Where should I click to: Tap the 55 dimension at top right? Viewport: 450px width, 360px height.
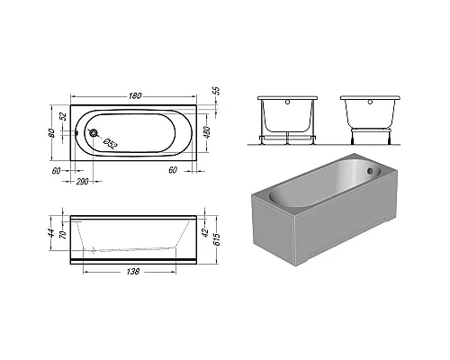[215, 93]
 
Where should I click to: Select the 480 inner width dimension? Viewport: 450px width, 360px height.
[207, 133]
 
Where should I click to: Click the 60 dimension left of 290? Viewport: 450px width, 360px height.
[56, 170]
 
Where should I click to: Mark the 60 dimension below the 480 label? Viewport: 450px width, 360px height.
[171, 170]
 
